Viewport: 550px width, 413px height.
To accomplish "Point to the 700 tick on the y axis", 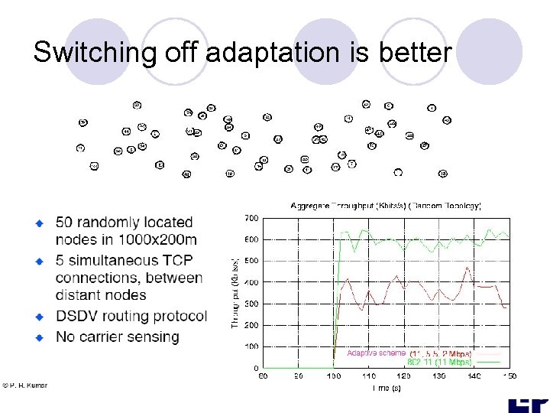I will pos(251,219).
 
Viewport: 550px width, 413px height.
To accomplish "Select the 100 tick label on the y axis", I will pos(251,346).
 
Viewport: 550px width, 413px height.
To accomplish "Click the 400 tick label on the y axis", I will pos(251,282).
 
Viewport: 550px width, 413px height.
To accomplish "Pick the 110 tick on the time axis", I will pos(369,376).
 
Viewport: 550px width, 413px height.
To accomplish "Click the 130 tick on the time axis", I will pos(439,376).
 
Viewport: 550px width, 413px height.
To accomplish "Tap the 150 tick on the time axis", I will pos(509,376).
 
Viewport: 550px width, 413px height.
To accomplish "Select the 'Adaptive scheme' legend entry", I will pos(376,353).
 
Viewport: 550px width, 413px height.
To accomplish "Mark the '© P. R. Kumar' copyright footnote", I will pos(24,385).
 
